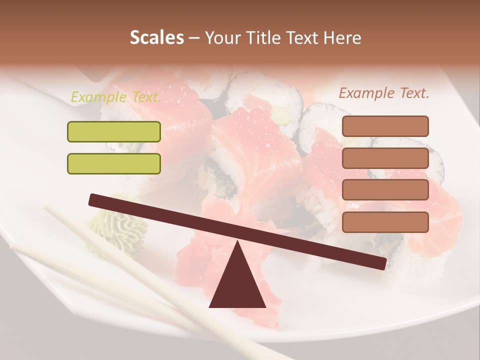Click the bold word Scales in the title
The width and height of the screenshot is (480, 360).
156,38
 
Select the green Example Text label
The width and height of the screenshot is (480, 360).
115,97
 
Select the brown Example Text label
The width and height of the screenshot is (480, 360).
384,93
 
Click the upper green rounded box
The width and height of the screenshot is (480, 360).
114,131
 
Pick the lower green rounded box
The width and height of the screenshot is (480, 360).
114,163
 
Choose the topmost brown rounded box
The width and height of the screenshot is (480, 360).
385,126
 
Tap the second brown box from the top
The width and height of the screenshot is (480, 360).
385,158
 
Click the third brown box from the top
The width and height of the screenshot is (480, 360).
385,190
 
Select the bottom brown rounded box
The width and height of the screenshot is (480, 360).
385,222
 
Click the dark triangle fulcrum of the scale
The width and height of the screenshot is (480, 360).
237,282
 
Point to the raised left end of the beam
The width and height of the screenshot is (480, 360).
93,200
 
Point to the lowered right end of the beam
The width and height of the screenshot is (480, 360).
382,263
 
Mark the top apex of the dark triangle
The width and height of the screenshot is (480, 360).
237,242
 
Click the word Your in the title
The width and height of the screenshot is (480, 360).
221,38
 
